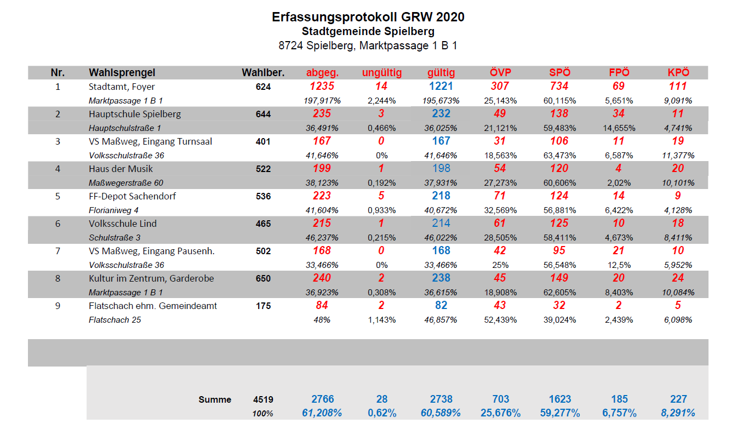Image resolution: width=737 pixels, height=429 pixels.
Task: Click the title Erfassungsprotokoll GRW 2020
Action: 368,17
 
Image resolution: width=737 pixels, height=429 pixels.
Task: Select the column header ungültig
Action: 381,72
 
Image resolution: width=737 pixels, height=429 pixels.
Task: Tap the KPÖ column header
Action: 678,72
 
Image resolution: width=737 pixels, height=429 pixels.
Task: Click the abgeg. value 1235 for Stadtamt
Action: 322,86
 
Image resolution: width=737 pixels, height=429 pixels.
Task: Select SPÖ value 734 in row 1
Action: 559,86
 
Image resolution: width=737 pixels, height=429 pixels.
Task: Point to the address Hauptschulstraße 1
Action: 125,128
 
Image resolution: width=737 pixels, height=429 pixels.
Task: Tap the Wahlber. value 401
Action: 263,141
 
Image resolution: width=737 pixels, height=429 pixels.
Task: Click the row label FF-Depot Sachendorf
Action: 132,196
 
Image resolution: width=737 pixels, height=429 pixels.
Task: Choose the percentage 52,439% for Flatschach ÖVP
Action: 500,320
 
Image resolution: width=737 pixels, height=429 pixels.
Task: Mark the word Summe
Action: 215,399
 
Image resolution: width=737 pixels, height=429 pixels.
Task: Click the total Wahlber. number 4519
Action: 263,399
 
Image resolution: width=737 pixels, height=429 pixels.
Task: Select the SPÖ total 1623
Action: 559,399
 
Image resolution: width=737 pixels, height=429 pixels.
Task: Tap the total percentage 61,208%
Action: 322,413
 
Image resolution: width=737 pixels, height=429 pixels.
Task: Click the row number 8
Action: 58,278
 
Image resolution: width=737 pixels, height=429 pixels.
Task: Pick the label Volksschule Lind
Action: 123,224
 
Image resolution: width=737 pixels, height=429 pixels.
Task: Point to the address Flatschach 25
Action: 115,320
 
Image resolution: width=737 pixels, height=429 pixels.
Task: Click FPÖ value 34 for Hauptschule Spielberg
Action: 619,113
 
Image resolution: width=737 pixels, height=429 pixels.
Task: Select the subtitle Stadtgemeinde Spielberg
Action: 368,32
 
